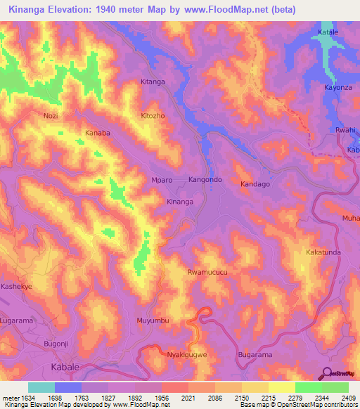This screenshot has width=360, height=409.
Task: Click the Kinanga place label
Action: pyautogui.click(x=179, y=202)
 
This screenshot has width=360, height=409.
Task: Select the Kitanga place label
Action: pyautogui.click(x=153, y=82)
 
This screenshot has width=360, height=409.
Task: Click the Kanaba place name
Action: pyautogui.click(x=98, y=132)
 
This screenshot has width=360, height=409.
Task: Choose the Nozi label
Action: pyautogui.click(x=50, y=115)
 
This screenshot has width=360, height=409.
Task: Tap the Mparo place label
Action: pyautogui.click(x=162, y=180)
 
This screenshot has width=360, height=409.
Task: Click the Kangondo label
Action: pyautogui.click(x=205, y=180)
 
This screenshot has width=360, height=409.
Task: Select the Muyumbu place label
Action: pyautogui.click(x=153, y=320)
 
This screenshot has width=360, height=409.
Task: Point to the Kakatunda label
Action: pyautogui.click(x=323, y=252)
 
